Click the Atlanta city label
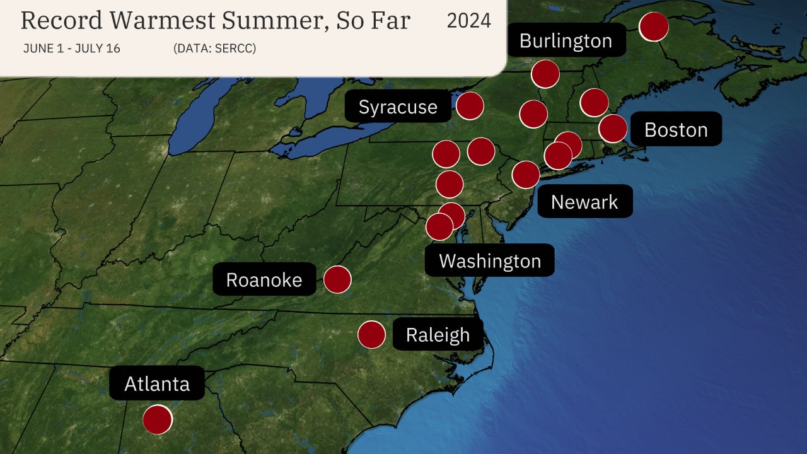coord(157,383)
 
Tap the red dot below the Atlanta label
coord(157,420)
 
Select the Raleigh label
coord(438,334)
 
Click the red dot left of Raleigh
coord(371,334)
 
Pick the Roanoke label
coord(264,279)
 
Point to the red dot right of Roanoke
coord(337,279)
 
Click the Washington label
coord(490,260)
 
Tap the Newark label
coord(584,202)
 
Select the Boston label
coord(676,129)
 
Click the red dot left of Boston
coord(613,129)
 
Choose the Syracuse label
coord(398,107)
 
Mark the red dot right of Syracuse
coord(470,106)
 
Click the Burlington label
coord(566,40)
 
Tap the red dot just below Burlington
coord(545,74)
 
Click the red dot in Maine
coord(654,27)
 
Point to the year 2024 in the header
coord(468,21)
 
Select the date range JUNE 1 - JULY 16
coord(71,49)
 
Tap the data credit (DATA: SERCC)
coord(214,49)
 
